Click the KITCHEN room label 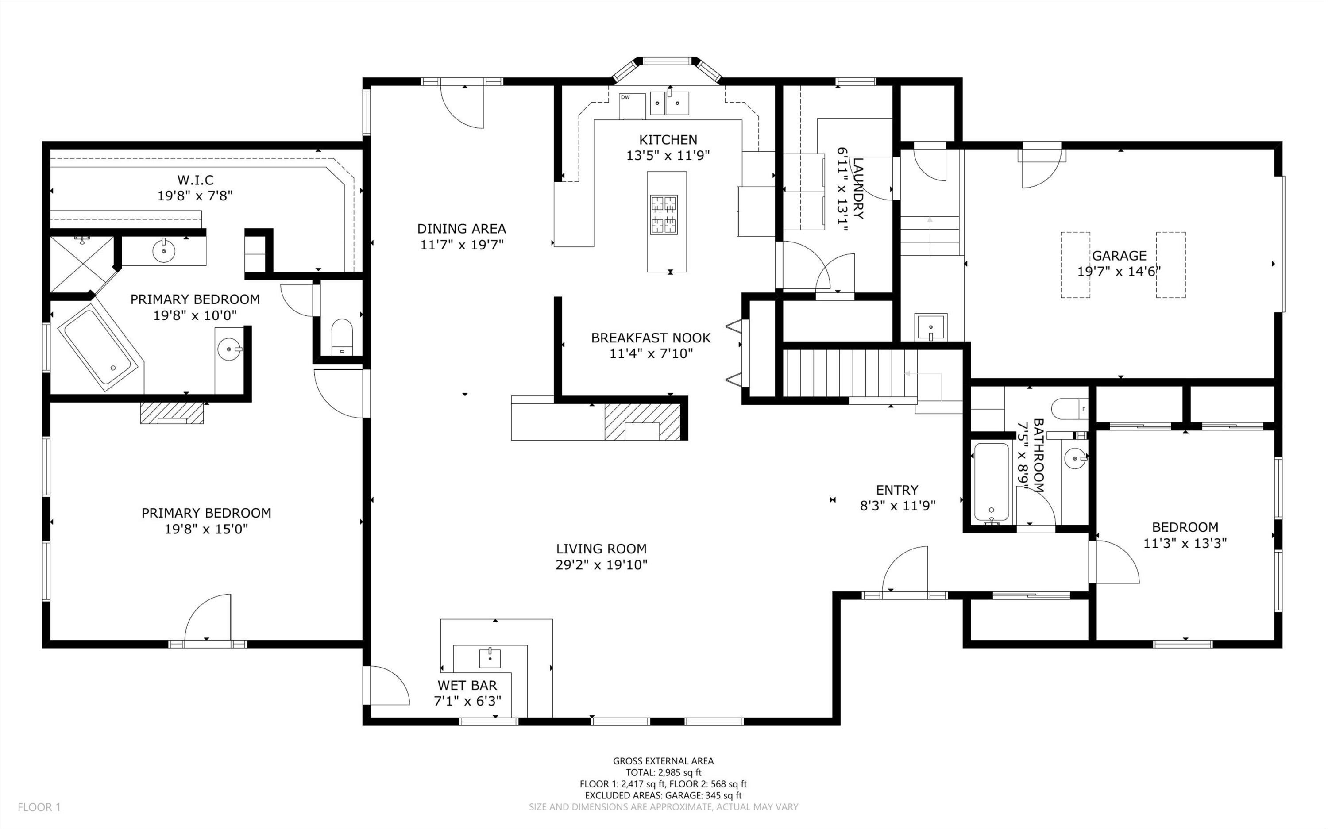[x=668, y=140]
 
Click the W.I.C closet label [x=195, y=180]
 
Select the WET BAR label [x=467, y=685]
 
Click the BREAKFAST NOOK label [x=651, y=338]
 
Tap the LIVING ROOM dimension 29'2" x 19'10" [x=601, y=565]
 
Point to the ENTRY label [x=897, y=490]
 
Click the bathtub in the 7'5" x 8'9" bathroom [x=991, y=483]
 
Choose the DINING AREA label [x=461, y=229]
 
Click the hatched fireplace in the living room [x=642, y=422]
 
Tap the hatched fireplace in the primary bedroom [x=172, y=413]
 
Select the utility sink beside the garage [x=930, y=327]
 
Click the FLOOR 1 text [x=39, y=807]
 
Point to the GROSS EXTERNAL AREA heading [x=663, y=760]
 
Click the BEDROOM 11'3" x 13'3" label [x=1185, y=527]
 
